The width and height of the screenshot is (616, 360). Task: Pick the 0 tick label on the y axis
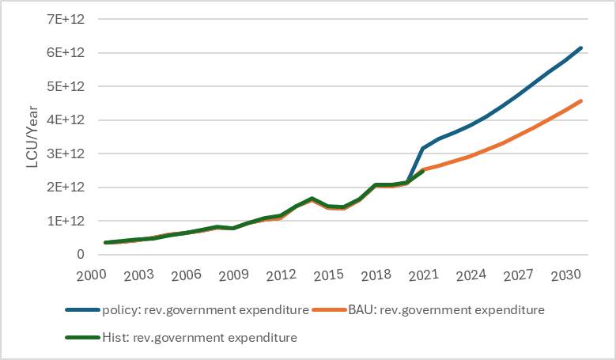(x=80, y=255)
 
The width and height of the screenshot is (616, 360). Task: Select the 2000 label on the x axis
(x=91, y=275)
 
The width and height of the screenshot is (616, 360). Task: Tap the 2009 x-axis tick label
(x=233, y=275)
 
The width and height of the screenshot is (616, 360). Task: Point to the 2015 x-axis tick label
(x=328, y=275)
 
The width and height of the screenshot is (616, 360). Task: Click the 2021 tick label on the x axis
(x=424, y=275)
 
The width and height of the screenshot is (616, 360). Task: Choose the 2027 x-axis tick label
(x=519, y=275)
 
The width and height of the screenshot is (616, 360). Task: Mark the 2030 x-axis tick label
(x=566, y=275)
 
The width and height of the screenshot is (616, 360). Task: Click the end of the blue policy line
(x=581, y=48)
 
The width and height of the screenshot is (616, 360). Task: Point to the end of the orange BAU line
(x=581, y=101)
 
